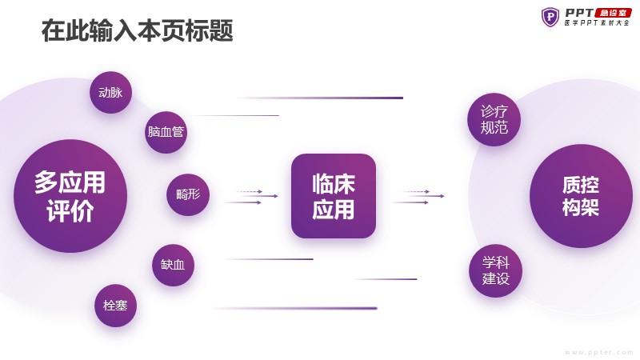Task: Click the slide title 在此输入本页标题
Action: coord(137,30)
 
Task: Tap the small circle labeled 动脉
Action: coord(110,92)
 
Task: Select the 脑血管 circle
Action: coord(166,132)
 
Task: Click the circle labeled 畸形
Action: coord(188,194)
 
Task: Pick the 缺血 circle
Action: coord(173,265)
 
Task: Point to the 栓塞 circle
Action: coord(115,306)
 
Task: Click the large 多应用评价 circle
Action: coord(70,196)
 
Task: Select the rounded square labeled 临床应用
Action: coord(334,196)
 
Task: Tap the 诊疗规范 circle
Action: coord(494,119)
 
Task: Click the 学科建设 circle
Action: coord(495,270)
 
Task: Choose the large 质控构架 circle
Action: coord(581,196)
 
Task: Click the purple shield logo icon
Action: coord(550,17)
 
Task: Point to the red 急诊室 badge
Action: coord(614,13)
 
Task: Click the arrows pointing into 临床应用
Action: coord(252,197)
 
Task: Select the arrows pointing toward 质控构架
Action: coord(418,197)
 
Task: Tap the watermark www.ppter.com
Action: coord(598,352)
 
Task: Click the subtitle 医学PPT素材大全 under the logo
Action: coord(597,23)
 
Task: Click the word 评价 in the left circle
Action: coord(70,210)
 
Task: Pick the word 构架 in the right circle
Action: coord(581,207)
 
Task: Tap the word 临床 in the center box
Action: coord(334,184)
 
